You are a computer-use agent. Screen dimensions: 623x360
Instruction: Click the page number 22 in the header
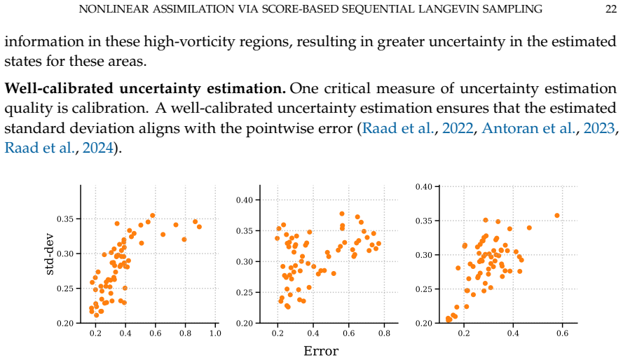[610, 8]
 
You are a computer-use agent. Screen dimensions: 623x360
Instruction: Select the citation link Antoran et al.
[528, 128]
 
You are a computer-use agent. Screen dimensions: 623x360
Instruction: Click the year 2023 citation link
[598, 128]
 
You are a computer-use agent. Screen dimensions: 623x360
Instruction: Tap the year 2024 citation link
[97, 148]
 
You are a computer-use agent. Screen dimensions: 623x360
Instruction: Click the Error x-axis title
[321, 351]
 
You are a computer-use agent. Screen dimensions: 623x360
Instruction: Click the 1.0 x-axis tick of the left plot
[215, 333]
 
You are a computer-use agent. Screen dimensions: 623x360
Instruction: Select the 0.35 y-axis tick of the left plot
[65, 219]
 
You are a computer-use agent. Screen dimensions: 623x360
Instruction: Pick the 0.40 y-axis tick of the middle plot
[245, 200]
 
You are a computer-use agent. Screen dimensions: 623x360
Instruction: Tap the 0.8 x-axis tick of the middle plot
[384, 333]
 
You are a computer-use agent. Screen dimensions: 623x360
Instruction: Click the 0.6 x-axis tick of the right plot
[562, 333]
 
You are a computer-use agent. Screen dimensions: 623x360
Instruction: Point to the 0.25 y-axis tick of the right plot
[424, 289]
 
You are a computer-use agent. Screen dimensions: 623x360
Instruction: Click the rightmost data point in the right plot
[557, 216]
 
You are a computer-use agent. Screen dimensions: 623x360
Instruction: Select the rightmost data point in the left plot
[199, 227]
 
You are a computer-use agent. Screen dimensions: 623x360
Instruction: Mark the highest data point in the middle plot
[342, 214]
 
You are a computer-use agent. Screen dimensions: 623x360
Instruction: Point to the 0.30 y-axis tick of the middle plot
[245, 262]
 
